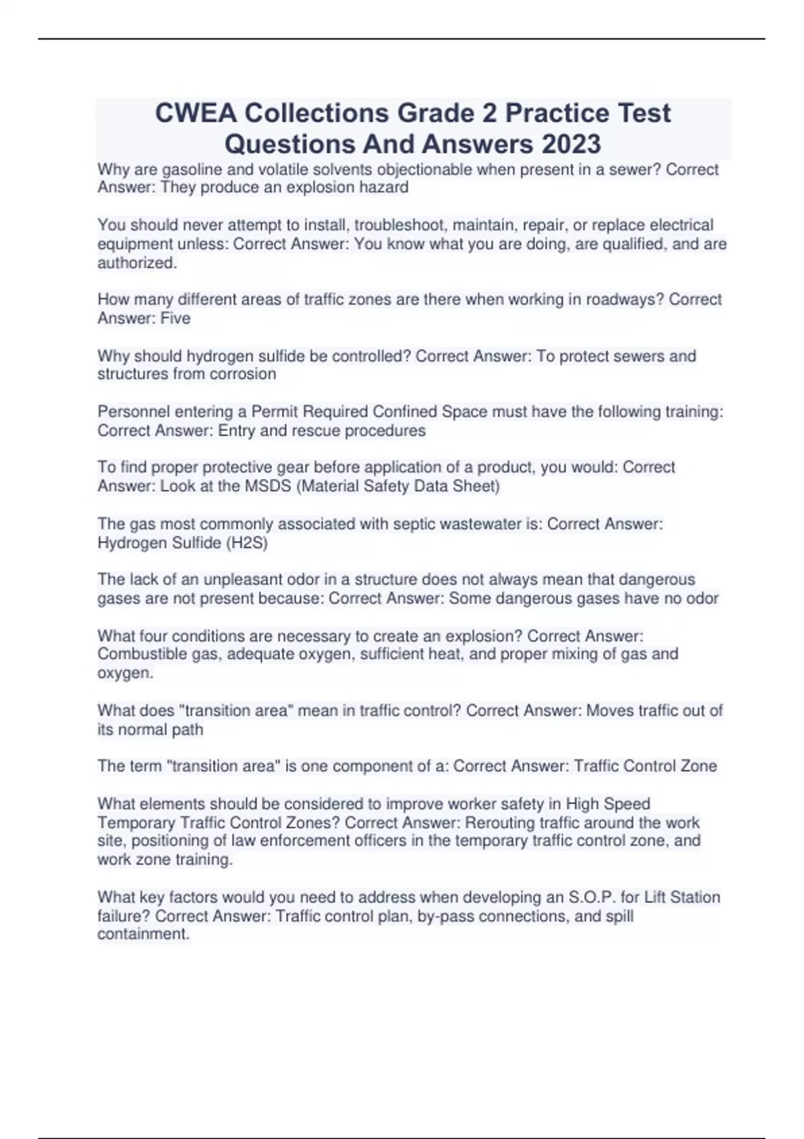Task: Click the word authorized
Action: [137, 263]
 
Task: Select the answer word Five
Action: [176, 318]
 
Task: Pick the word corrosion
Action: [243, 374]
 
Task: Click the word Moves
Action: [609, 710]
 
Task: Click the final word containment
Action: [143, 934]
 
